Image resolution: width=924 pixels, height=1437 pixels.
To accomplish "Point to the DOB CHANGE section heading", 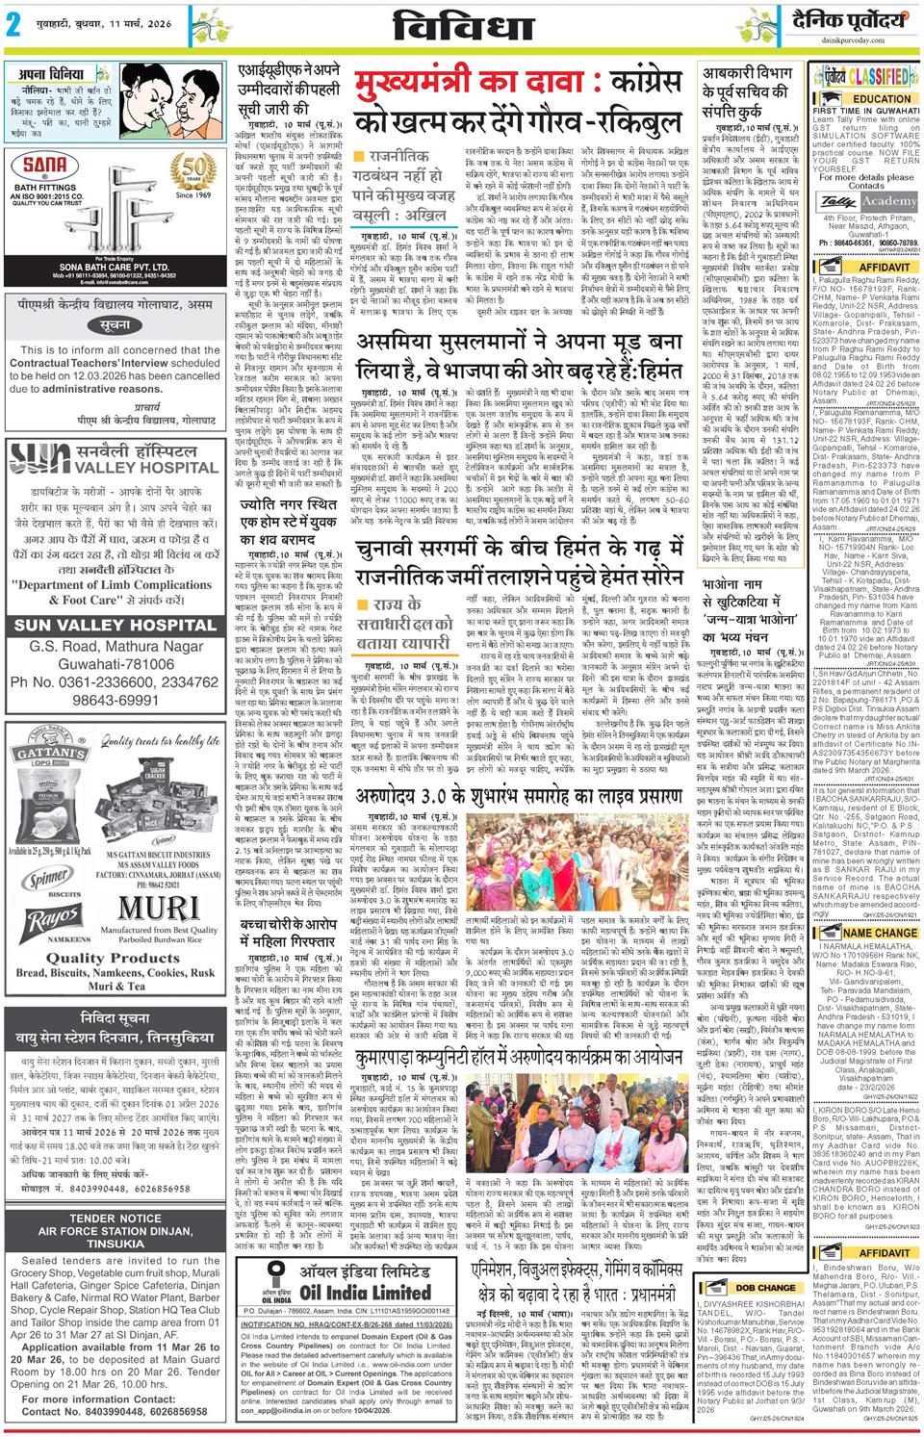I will [x=765, y=1287].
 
